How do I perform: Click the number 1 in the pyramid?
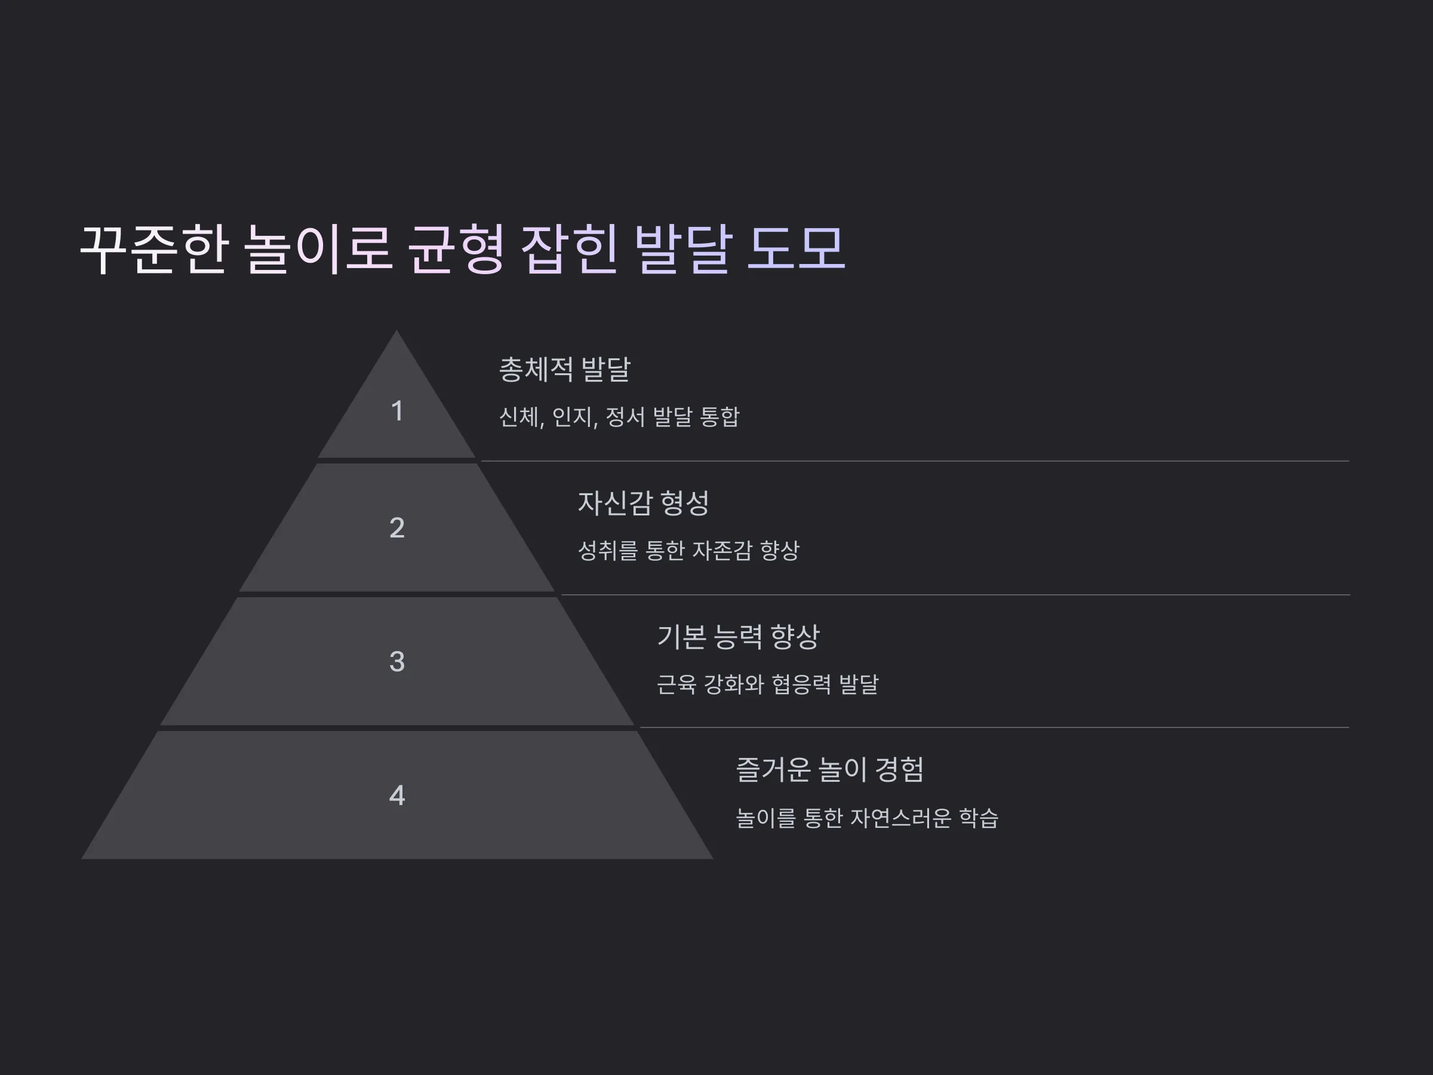pos(397,411)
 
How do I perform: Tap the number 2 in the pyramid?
pos(397,527)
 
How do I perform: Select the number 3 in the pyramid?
pos(397,662)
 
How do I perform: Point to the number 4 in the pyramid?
pos(397,795)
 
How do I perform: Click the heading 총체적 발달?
pos(564,369)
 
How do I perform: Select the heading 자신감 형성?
pos(643,503)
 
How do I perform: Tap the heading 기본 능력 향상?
pos(738,636)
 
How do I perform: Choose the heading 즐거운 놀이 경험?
pos(830,770)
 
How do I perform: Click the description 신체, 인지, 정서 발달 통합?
pos(619,417)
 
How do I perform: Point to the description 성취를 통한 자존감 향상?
pos(688,551)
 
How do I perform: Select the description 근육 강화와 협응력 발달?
pos(767,684)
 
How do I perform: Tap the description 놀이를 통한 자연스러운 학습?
pos(867,818)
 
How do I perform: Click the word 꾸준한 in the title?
pos(154,249)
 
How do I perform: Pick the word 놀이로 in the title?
pos(319,249)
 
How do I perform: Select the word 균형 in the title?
pos(456,249)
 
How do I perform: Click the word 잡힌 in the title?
pos(569,249)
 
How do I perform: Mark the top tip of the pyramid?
pos(396,330)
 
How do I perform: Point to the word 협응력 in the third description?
pos(801,684)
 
